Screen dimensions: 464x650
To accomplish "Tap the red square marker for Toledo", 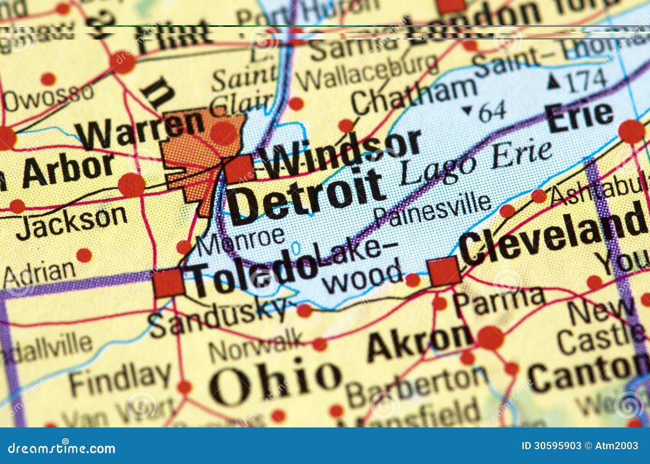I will tap(169, 283).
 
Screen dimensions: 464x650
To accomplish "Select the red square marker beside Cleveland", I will tap(444, 271).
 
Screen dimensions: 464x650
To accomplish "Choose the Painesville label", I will tap(433, 209).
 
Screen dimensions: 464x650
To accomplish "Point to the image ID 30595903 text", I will tap(551, 446).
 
